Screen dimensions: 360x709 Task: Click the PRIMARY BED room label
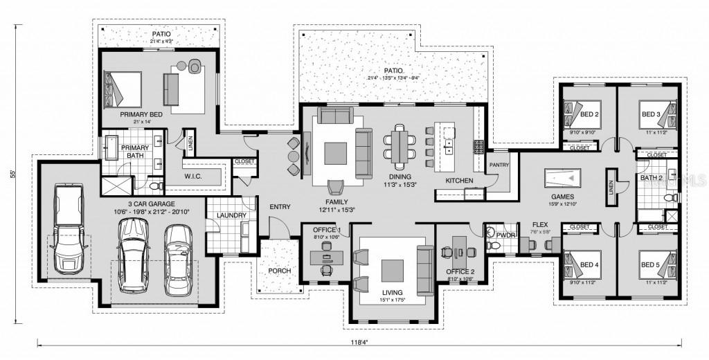coord(141,114)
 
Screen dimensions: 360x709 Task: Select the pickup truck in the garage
coord(67,230)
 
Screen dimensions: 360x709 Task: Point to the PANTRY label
coord(499,165)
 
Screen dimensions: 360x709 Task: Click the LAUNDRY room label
coord(231,215)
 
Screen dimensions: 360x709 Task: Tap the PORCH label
coord(278,270)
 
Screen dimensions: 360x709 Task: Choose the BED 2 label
coord(589,114)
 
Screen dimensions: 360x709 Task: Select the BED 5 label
coord(649,264)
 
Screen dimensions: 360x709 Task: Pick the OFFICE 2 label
coord(460,271)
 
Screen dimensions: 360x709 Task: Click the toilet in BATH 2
coord(669,197)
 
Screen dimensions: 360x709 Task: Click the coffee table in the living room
coord(393,268)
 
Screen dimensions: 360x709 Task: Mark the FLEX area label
coord(540,224)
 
